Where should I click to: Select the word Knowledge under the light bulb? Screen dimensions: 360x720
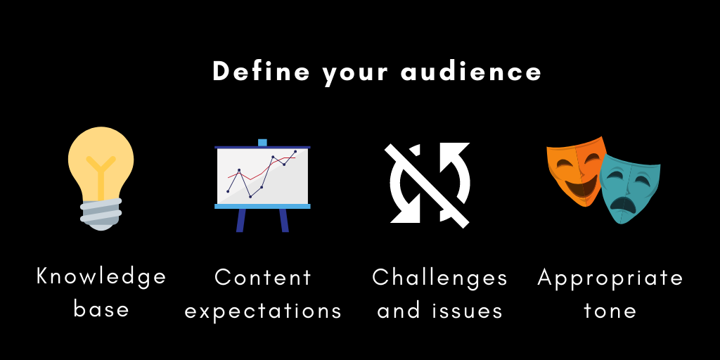(101, 276)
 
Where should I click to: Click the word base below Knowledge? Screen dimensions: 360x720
(101, 309)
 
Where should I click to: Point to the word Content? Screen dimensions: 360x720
(263, 277)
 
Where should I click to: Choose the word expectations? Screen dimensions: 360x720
(263, 311)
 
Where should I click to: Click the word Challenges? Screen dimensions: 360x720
(439, 277)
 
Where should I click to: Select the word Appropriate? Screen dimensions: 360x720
(610, 277)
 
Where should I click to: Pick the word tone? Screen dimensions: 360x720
(610, 310)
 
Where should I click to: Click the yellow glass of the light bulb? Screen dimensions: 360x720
(101, 160)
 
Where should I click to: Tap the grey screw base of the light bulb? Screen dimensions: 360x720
(101, 213)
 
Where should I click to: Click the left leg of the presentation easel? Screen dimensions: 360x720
(240, 220)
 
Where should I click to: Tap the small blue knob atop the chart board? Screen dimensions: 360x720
(262, 143)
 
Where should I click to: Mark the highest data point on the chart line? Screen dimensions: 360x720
(295, 152)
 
